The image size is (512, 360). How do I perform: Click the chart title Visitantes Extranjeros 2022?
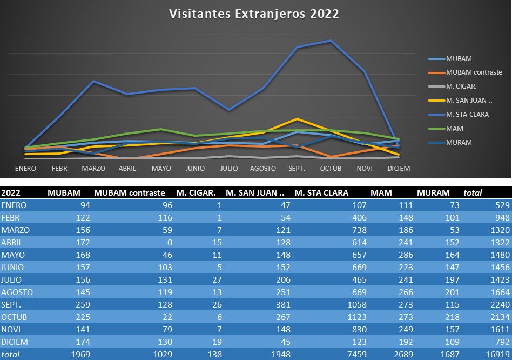click(254, 14)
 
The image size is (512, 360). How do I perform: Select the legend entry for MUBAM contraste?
click(474, 72)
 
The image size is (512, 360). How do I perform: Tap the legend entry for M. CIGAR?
click(461, 86)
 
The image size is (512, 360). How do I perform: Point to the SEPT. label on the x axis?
click(297, 169)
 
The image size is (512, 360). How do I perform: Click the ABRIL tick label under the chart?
click(127, 169)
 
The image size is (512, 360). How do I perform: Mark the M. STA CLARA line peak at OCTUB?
click(331, 41)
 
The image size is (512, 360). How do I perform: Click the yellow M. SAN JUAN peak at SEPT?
click(297, 119)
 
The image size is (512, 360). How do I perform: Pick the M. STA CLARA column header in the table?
click(321, 192)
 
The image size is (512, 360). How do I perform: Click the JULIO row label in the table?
click(13, 279)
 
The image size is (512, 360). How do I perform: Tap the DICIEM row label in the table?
click(15, 342)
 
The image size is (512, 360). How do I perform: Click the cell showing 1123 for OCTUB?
click(357, 317)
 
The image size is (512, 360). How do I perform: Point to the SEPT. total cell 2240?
click(497, 304)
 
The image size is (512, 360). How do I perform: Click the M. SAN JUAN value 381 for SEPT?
click(283, 304)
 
